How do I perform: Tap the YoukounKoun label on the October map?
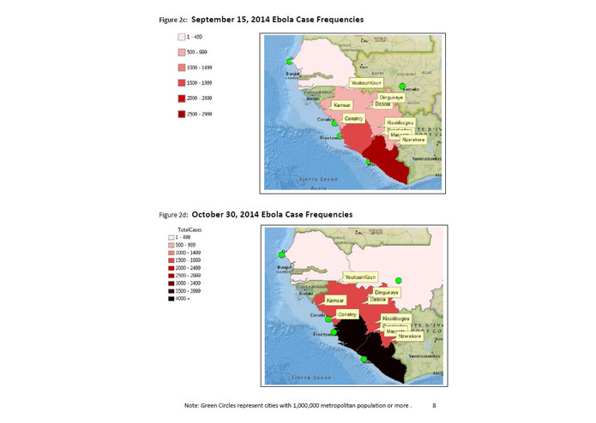pos(360,277)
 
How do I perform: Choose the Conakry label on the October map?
pos(347,314)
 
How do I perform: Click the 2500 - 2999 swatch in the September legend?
pos(182,115)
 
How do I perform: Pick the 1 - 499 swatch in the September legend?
pos(182,37)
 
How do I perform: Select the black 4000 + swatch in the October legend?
pos(172,299)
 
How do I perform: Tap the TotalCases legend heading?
pos(190,230)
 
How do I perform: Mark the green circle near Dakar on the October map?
pos(280,254)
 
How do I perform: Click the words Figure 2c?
pos(172,17)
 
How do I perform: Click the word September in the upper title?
pos(218,17)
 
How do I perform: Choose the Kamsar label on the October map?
pos(334,301)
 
